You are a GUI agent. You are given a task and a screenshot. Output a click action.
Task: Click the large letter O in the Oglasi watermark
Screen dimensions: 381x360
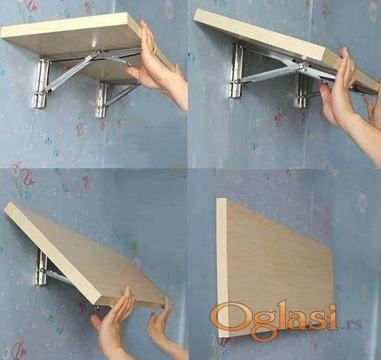(x=226, y=320)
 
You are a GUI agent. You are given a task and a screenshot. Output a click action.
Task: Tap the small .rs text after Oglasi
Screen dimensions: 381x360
(x=350, y=324)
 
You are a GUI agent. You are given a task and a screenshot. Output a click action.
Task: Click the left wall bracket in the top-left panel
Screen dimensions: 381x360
(x=42, y=83)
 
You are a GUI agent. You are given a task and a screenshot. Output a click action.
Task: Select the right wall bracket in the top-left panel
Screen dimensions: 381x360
(x=101, y=100)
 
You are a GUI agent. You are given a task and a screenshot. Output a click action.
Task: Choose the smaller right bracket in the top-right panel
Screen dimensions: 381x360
(x=302, y=91)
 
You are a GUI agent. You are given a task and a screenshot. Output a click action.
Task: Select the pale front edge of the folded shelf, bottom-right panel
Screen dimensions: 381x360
(x=221, y=267)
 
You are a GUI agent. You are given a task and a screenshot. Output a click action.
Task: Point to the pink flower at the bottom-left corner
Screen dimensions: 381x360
(x=19, y=350)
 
